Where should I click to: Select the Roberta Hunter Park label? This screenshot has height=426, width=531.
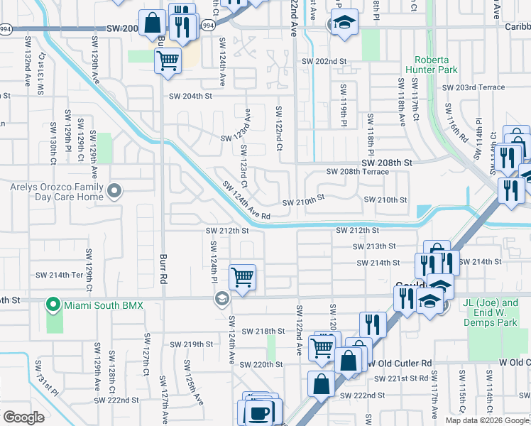coord(431,65)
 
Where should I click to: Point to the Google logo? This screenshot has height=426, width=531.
coord(23,417)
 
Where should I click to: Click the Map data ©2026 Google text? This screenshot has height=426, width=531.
coord(487,420)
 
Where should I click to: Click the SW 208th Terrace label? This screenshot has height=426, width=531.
coord(358,172)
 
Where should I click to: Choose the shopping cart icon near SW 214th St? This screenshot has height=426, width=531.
coord(243,276)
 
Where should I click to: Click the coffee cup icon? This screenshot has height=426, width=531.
coord(261,412)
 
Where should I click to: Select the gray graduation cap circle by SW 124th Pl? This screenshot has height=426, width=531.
coord(221,298)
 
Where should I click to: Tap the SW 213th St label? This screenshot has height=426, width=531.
coord(375,246)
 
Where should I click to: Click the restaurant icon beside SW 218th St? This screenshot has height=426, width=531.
coord(373,324)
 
